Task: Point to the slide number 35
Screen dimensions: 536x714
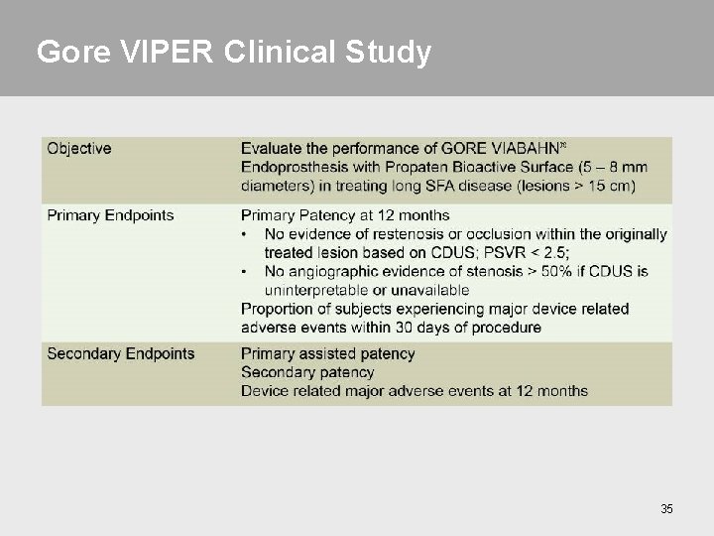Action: pyautogui.click(x=666, y=509)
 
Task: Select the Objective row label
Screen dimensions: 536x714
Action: pyautogui.click(x=79, y=149)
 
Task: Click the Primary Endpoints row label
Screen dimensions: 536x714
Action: pyautogui.click(x=110, y=215)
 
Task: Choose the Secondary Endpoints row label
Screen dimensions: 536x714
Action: pyautogui.click(x=121, y=353)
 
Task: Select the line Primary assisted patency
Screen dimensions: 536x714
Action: pyautogui.click(x=328, y=353)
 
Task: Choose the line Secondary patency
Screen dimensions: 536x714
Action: pyautogui.click(x=307, y=372)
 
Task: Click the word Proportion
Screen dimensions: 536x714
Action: pyautogui.click(x=278, y=309)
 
